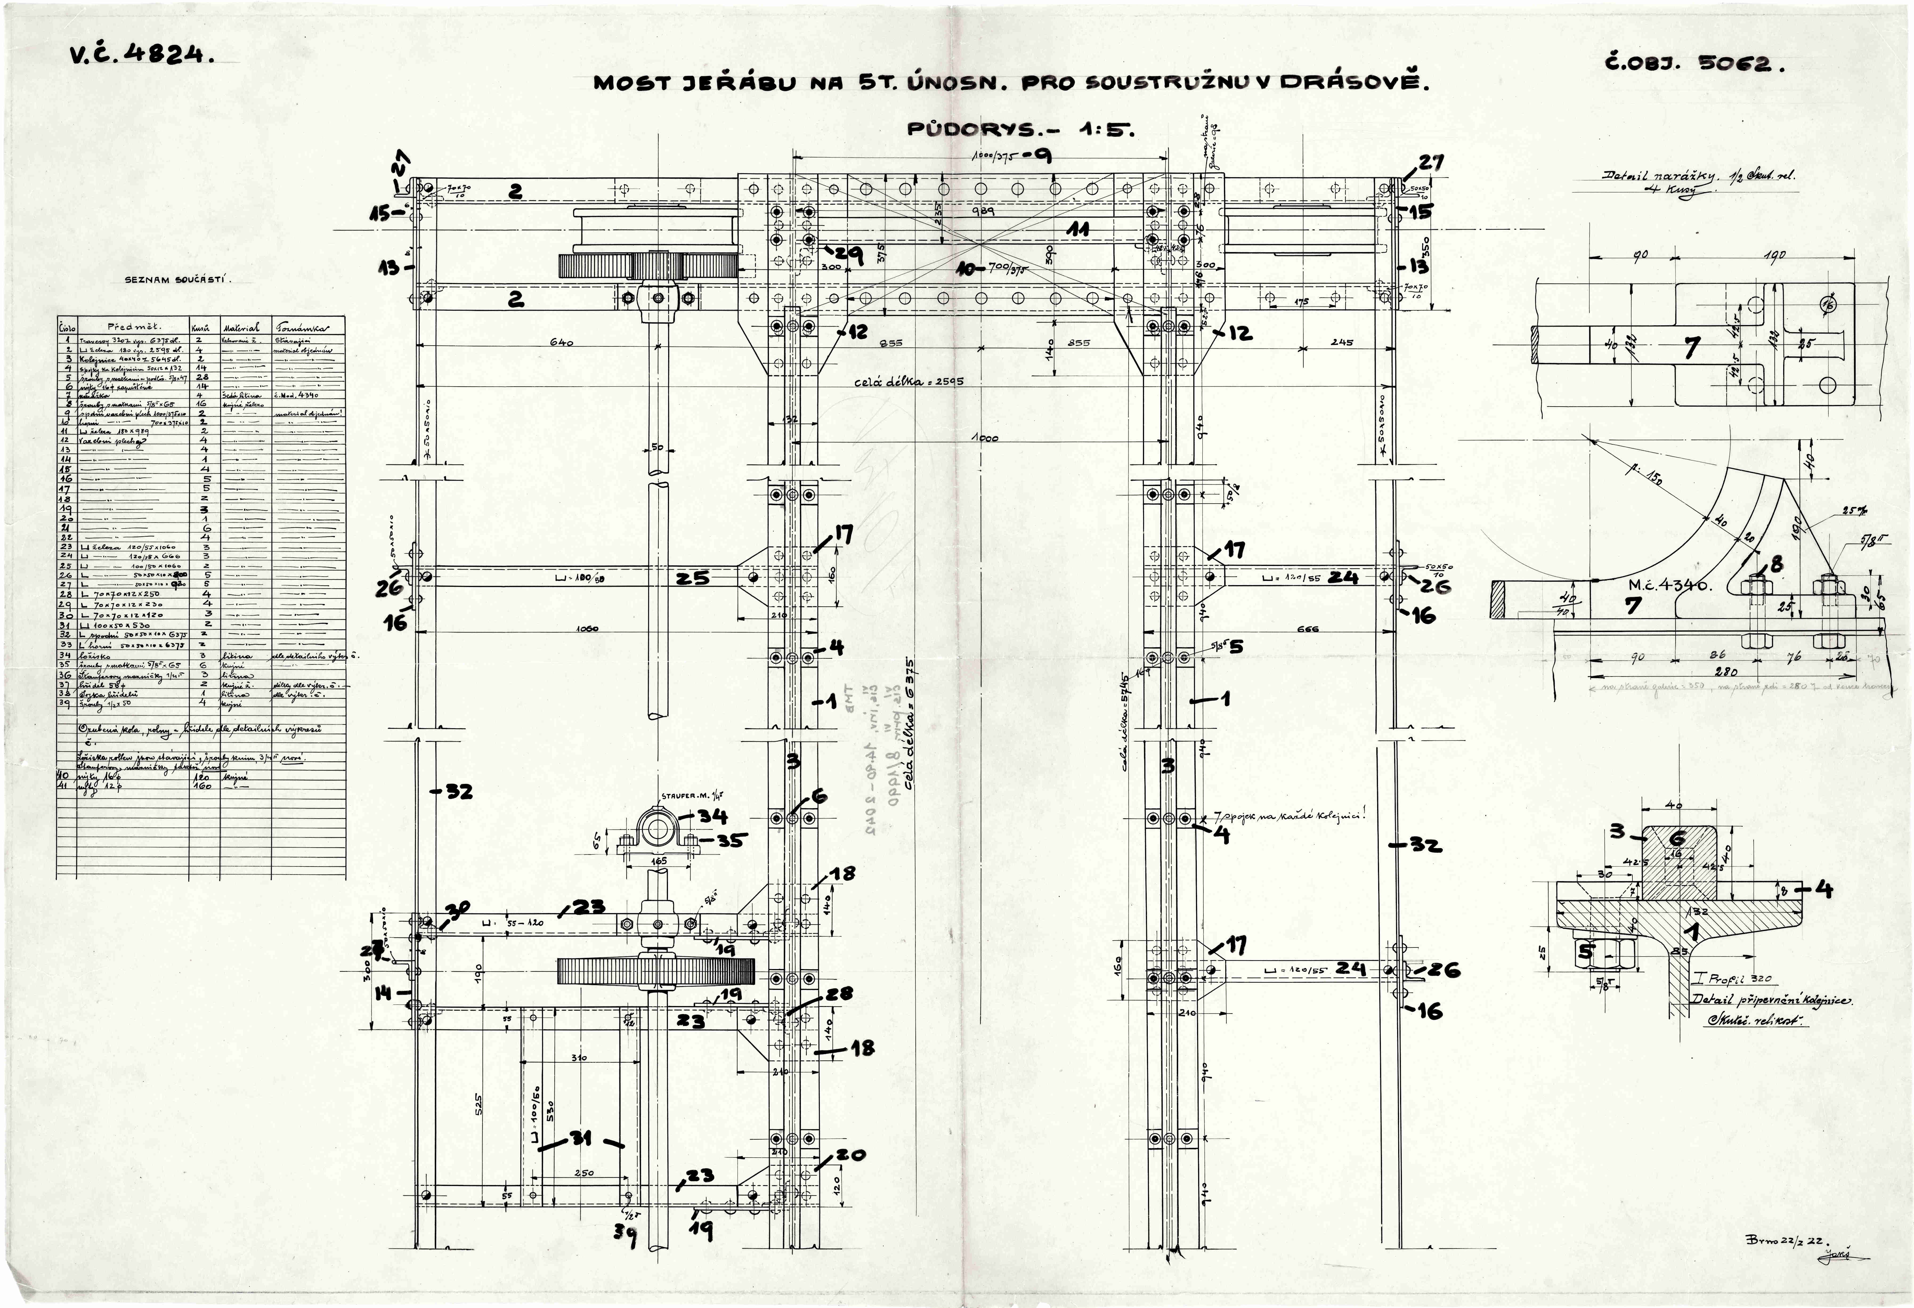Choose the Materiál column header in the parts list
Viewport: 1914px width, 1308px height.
click(241, 326)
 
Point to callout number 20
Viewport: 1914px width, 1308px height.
click(851, 1155)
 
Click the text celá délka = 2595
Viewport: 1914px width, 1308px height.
click(908, 382)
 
